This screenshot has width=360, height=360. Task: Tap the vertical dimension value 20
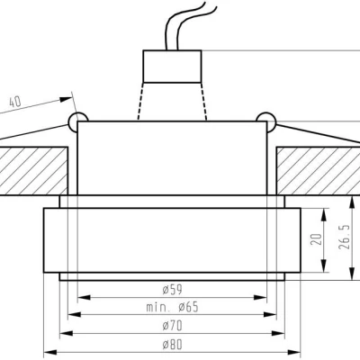315,239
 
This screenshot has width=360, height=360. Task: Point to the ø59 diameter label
173,288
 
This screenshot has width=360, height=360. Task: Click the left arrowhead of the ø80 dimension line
49,352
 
